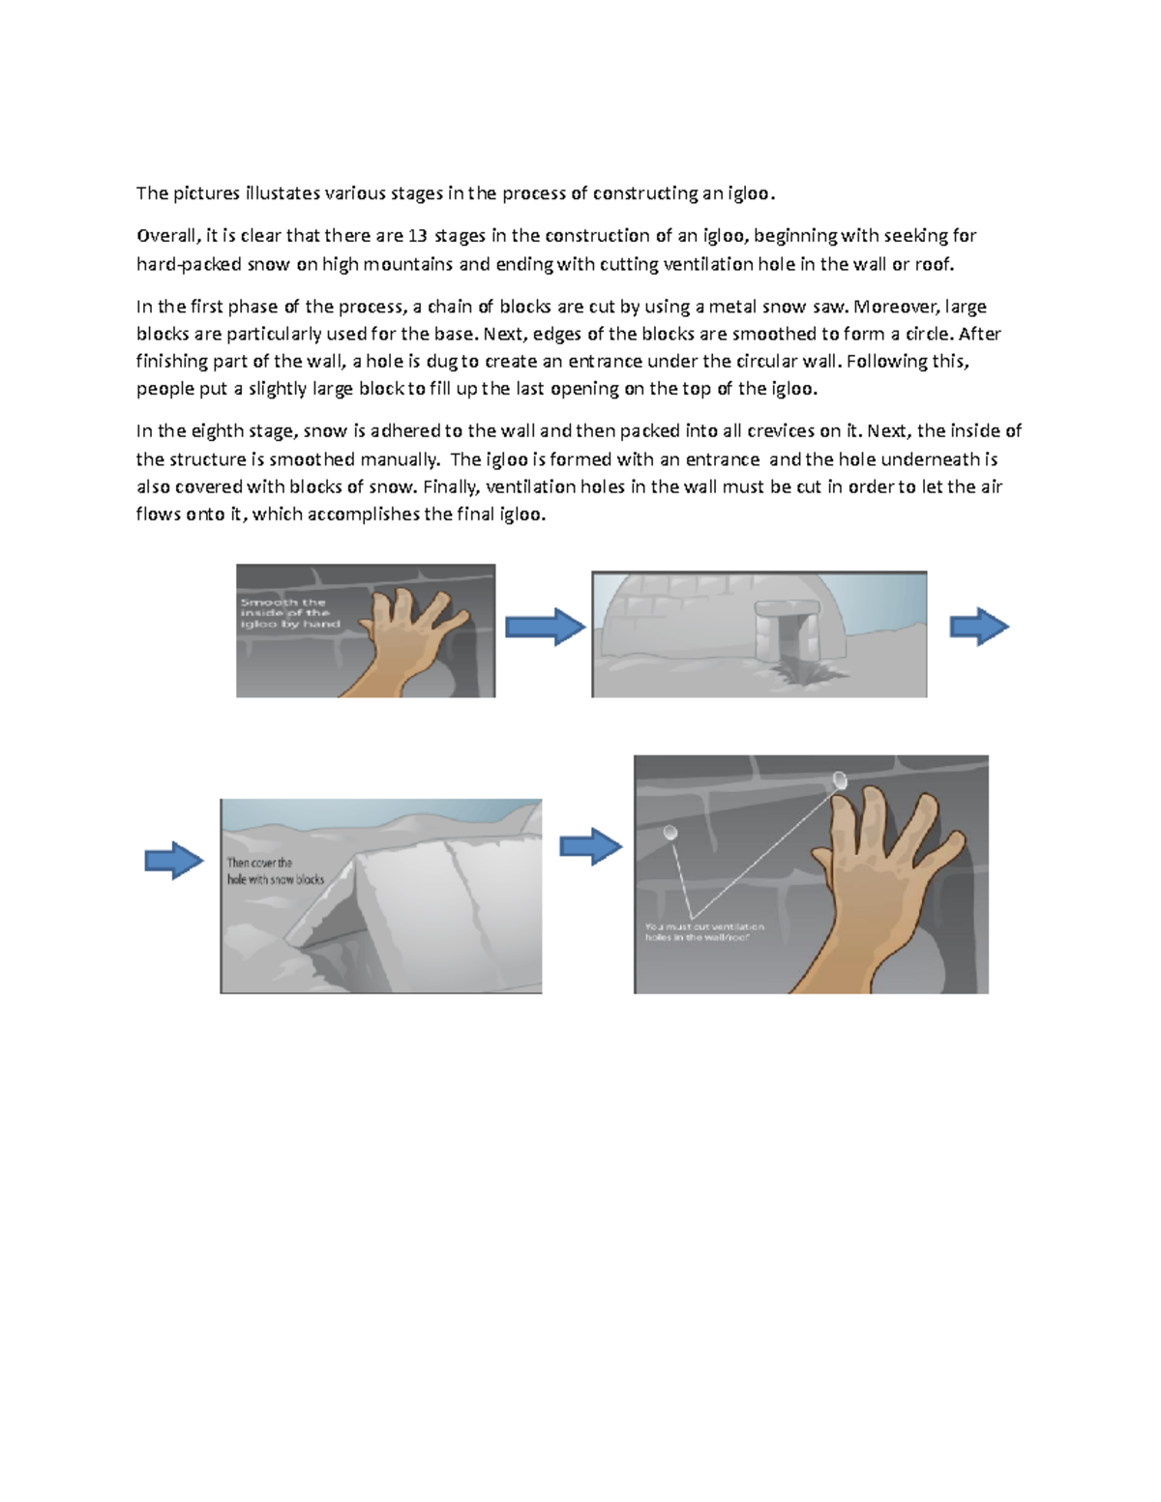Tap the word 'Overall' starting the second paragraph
point(166,236)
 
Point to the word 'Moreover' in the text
point(896,307)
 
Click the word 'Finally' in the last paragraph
point(450,486)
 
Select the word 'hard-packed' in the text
point(189,264)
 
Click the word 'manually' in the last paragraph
point(400,459)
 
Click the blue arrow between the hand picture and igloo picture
point(546,627)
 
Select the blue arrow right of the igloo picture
point(979,627)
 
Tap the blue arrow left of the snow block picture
point(174,860)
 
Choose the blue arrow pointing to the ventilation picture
point(591,847)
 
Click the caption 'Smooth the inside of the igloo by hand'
point(289,613)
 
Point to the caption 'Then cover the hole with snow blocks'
point(275,871)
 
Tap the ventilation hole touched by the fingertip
point(840,780)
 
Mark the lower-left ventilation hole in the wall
point(670,832)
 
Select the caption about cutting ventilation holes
point(704,932)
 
